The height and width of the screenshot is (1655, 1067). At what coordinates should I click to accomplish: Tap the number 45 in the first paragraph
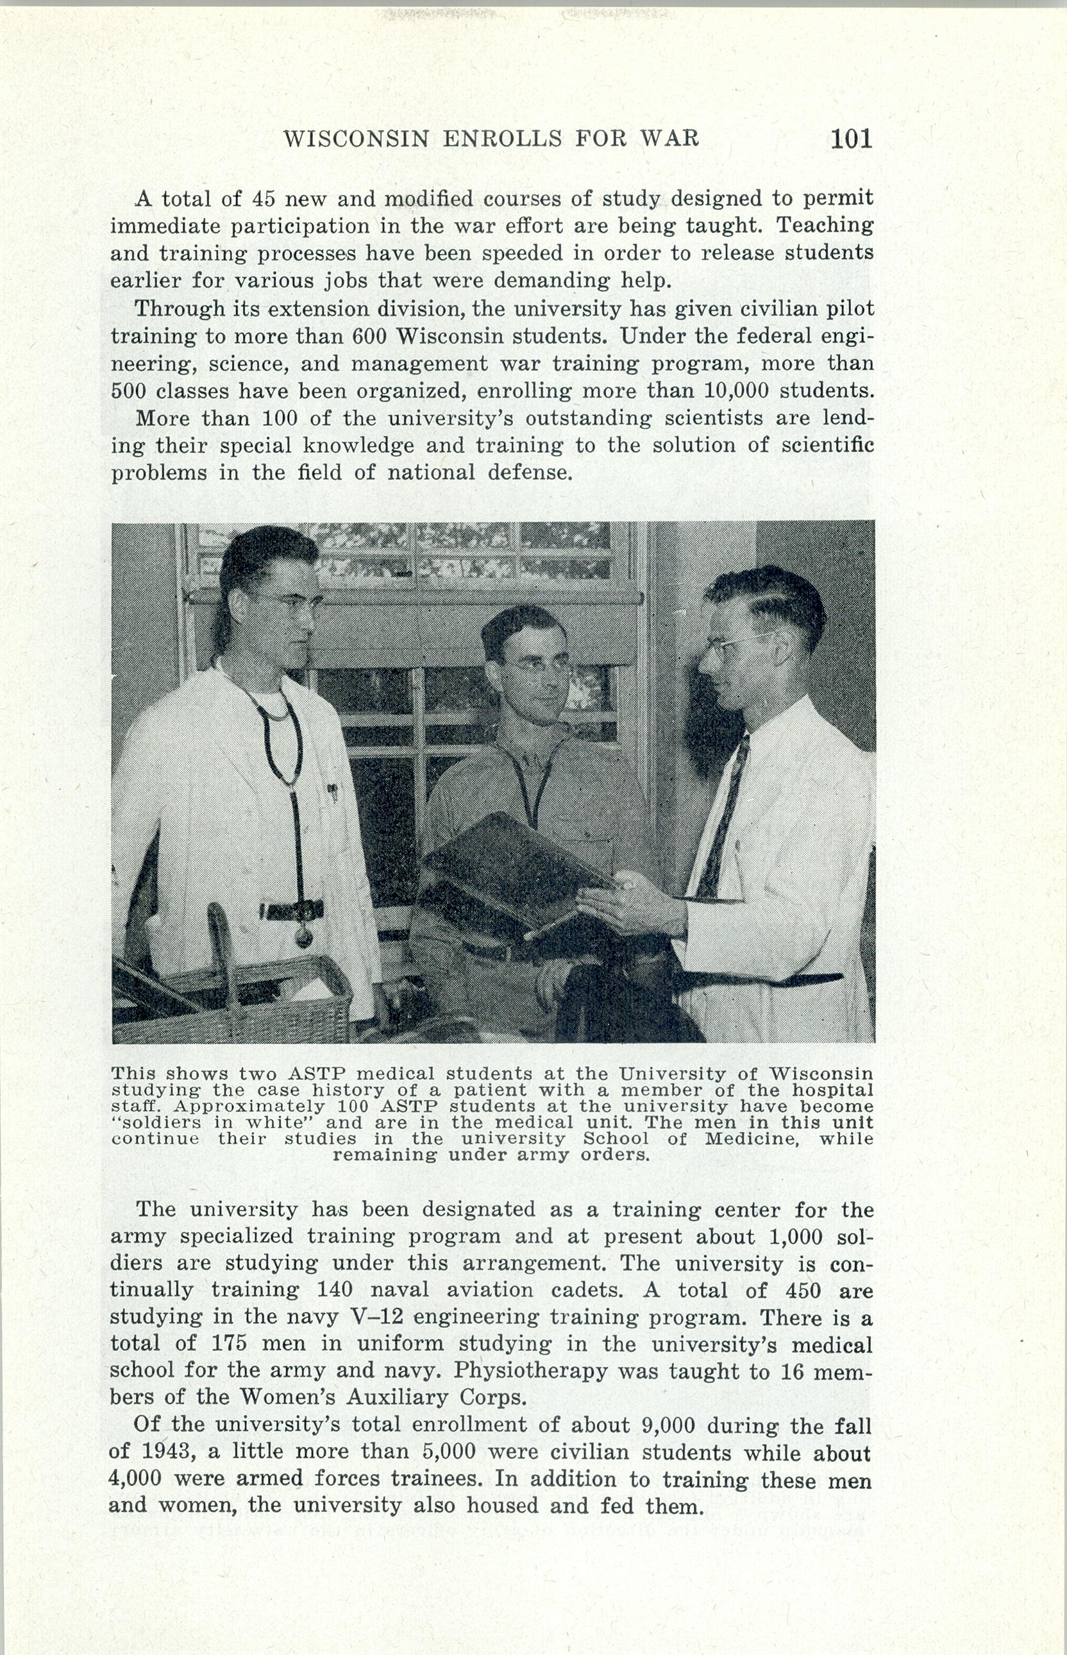(264, 199)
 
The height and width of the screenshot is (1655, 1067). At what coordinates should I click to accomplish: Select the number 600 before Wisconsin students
(369, 336)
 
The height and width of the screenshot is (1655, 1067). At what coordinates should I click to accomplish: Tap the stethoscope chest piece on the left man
(303, 937)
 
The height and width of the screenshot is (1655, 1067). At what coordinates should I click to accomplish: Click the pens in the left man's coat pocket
(333, 791)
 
